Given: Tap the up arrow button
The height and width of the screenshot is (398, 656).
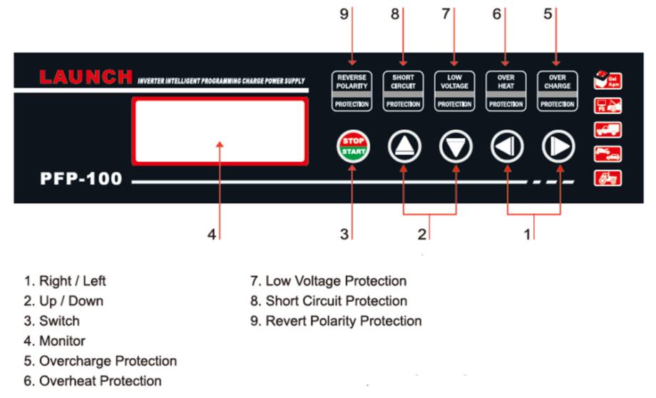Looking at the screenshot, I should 404,146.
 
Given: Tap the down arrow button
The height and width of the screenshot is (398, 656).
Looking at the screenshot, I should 455,146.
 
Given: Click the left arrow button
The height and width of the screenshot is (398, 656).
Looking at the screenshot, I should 507,146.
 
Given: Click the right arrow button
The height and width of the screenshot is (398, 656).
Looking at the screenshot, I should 558,146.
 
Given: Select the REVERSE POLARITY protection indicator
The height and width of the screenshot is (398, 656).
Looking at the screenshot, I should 352,90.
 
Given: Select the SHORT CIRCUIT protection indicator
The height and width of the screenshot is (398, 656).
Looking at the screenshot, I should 404,90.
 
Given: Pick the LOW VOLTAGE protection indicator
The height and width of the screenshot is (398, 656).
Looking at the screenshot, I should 455,90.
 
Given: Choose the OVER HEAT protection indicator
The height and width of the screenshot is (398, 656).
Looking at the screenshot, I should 506,90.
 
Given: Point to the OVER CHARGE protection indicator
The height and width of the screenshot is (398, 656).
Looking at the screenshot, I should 557,90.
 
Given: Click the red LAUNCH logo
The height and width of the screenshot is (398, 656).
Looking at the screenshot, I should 86,76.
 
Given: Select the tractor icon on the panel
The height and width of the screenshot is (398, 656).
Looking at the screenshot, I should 608,178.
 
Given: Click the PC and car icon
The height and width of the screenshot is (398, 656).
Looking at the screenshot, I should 608,105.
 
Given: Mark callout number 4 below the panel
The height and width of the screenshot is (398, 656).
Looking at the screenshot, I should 212,235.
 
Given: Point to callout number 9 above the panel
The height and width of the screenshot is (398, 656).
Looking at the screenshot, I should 344,14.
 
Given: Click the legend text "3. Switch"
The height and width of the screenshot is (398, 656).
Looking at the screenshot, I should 52,321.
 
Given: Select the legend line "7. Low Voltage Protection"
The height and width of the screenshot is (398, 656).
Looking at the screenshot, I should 328,281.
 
